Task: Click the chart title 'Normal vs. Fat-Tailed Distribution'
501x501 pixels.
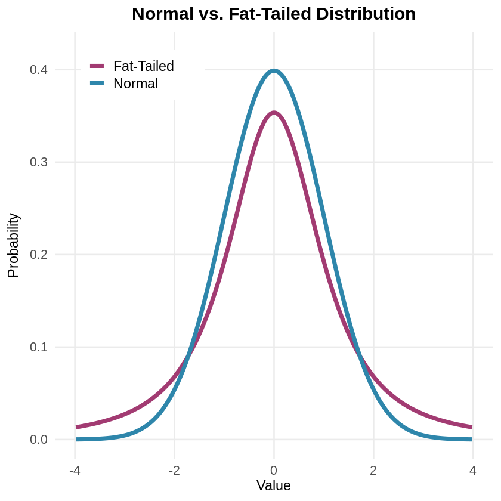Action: (x=274, y=14)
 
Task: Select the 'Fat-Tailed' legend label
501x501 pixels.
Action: (x=143, y=66)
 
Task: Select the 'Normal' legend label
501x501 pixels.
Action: (x=135, y=83)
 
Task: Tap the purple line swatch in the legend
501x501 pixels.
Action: (x=97, y=66)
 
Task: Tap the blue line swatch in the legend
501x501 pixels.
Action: (x=97, y=83)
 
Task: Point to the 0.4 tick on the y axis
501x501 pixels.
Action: (x=39, y=70)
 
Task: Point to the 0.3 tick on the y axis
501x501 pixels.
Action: (x=39, y=162)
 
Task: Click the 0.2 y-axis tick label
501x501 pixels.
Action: (x=39, y=255)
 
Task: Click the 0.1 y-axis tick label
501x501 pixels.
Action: (x=39, y=347)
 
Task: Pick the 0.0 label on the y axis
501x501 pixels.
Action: (x=39, y=440)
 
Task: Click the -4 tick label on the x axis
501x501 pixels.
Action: (x=75, y=470)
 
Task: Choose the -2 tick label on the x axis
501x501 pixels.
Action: (x=174, y=470)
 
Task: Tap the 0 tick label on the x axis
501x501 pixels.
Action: (x=274, y=470)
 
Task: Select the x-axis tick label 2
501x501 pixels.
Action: (x=373, y=470)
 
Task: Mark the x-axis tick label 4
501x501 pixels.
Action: (x=473, y=470)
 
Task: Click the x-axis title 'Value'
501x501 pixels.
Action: (x=274, y=485)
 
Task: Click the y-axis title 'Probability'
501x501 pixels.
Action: (x=13, y=245)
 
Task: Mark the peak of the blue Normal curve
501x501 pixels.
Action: (x=274, y=71)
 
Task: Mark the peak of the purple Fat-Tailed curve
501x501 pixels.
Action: (x=274, y=113)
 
